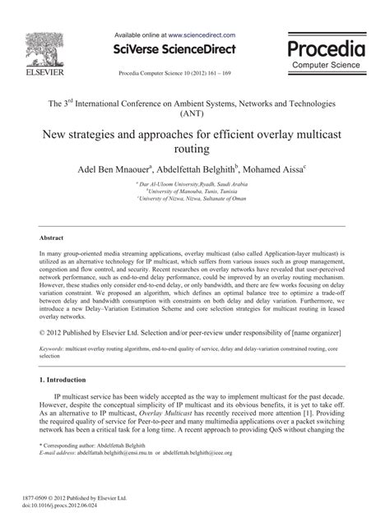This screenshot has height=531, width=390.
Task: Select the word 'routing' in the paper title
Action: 193,150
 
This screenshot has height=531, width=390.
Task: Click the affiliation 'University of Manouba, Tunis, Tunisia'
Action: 195,192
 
